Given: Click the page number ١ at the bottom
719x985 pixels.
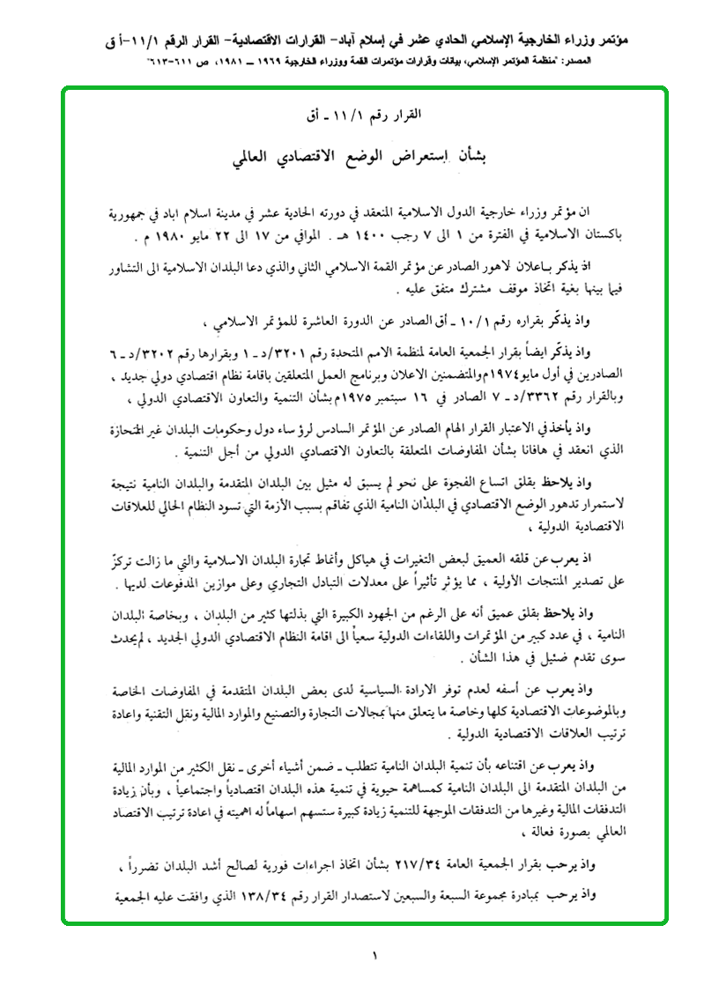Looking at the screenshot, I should pos(374,955).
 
